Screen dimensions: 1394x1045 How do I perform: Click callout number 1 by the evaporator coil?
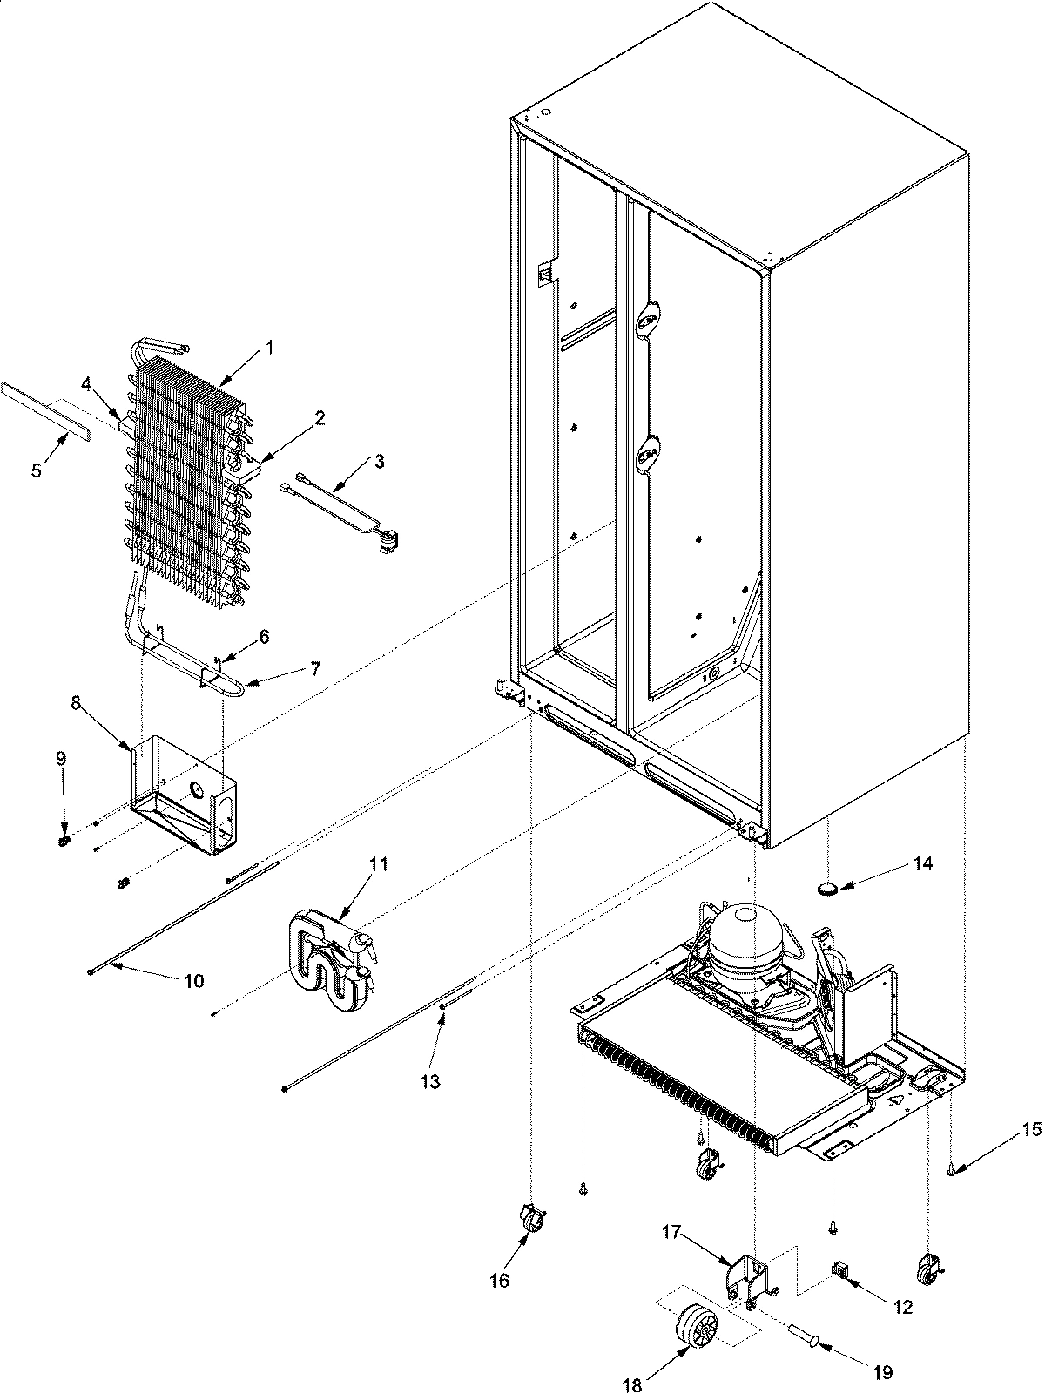(x=269, y=348)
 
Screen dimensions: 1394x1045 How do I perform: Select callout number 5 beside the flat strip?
(x=36, y=471)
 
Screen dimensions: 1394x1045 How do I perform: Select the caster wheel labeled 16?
(x=530, y=1215)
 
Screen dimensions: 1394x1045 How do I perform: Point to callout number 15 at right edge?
(x=1031, y=1130)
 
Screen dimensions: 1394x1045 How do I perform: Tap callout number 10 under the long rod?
(x=193, y=980)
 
